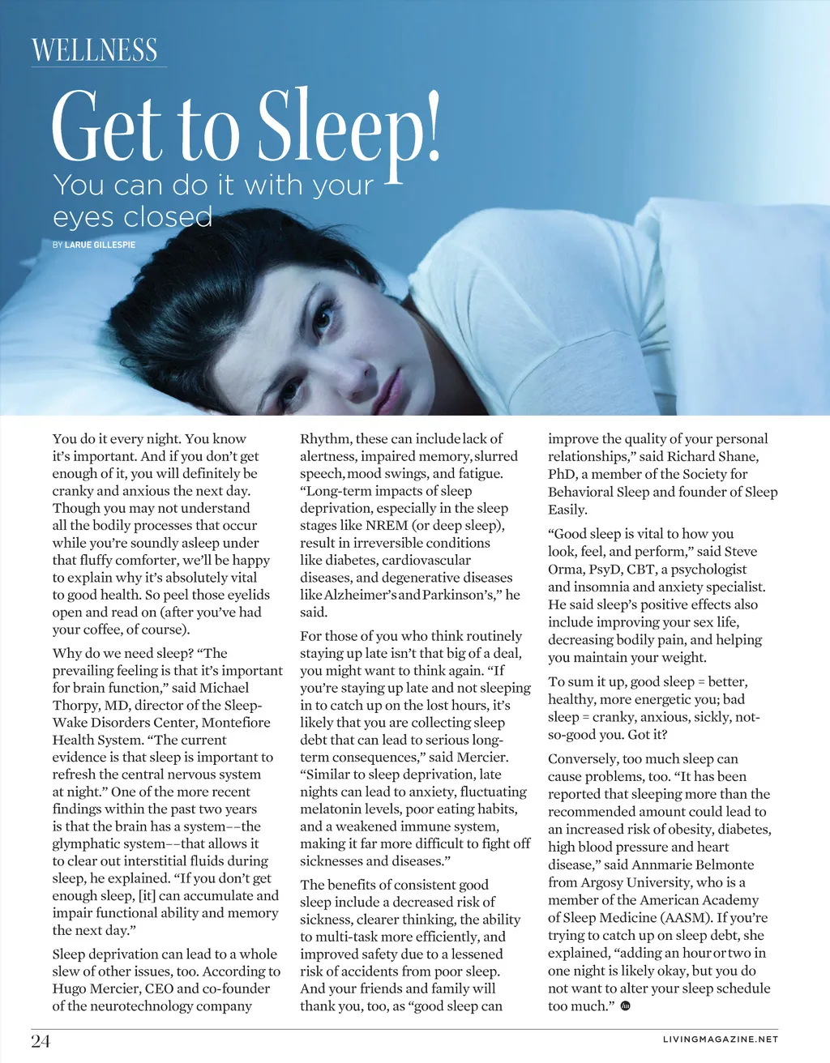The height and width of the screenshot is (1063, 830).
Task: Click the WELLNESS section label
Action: (95, 50)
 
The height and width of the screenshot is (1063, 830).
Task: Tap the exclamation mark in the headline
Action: (432, 126)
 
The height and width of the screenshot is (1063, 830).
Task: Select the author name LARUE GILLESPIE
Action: (100, 245)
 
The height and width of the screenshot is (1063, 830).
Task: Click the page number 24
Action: (41, 1041)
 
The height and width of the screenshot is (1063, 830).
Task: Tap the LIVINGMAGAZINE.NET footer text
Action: (720, 1040)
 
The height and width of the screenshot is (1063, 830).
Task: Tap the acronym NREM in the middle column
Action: (387, 525)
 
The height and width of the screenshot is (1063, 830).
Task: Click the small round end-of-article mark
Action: (625, 1006)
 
